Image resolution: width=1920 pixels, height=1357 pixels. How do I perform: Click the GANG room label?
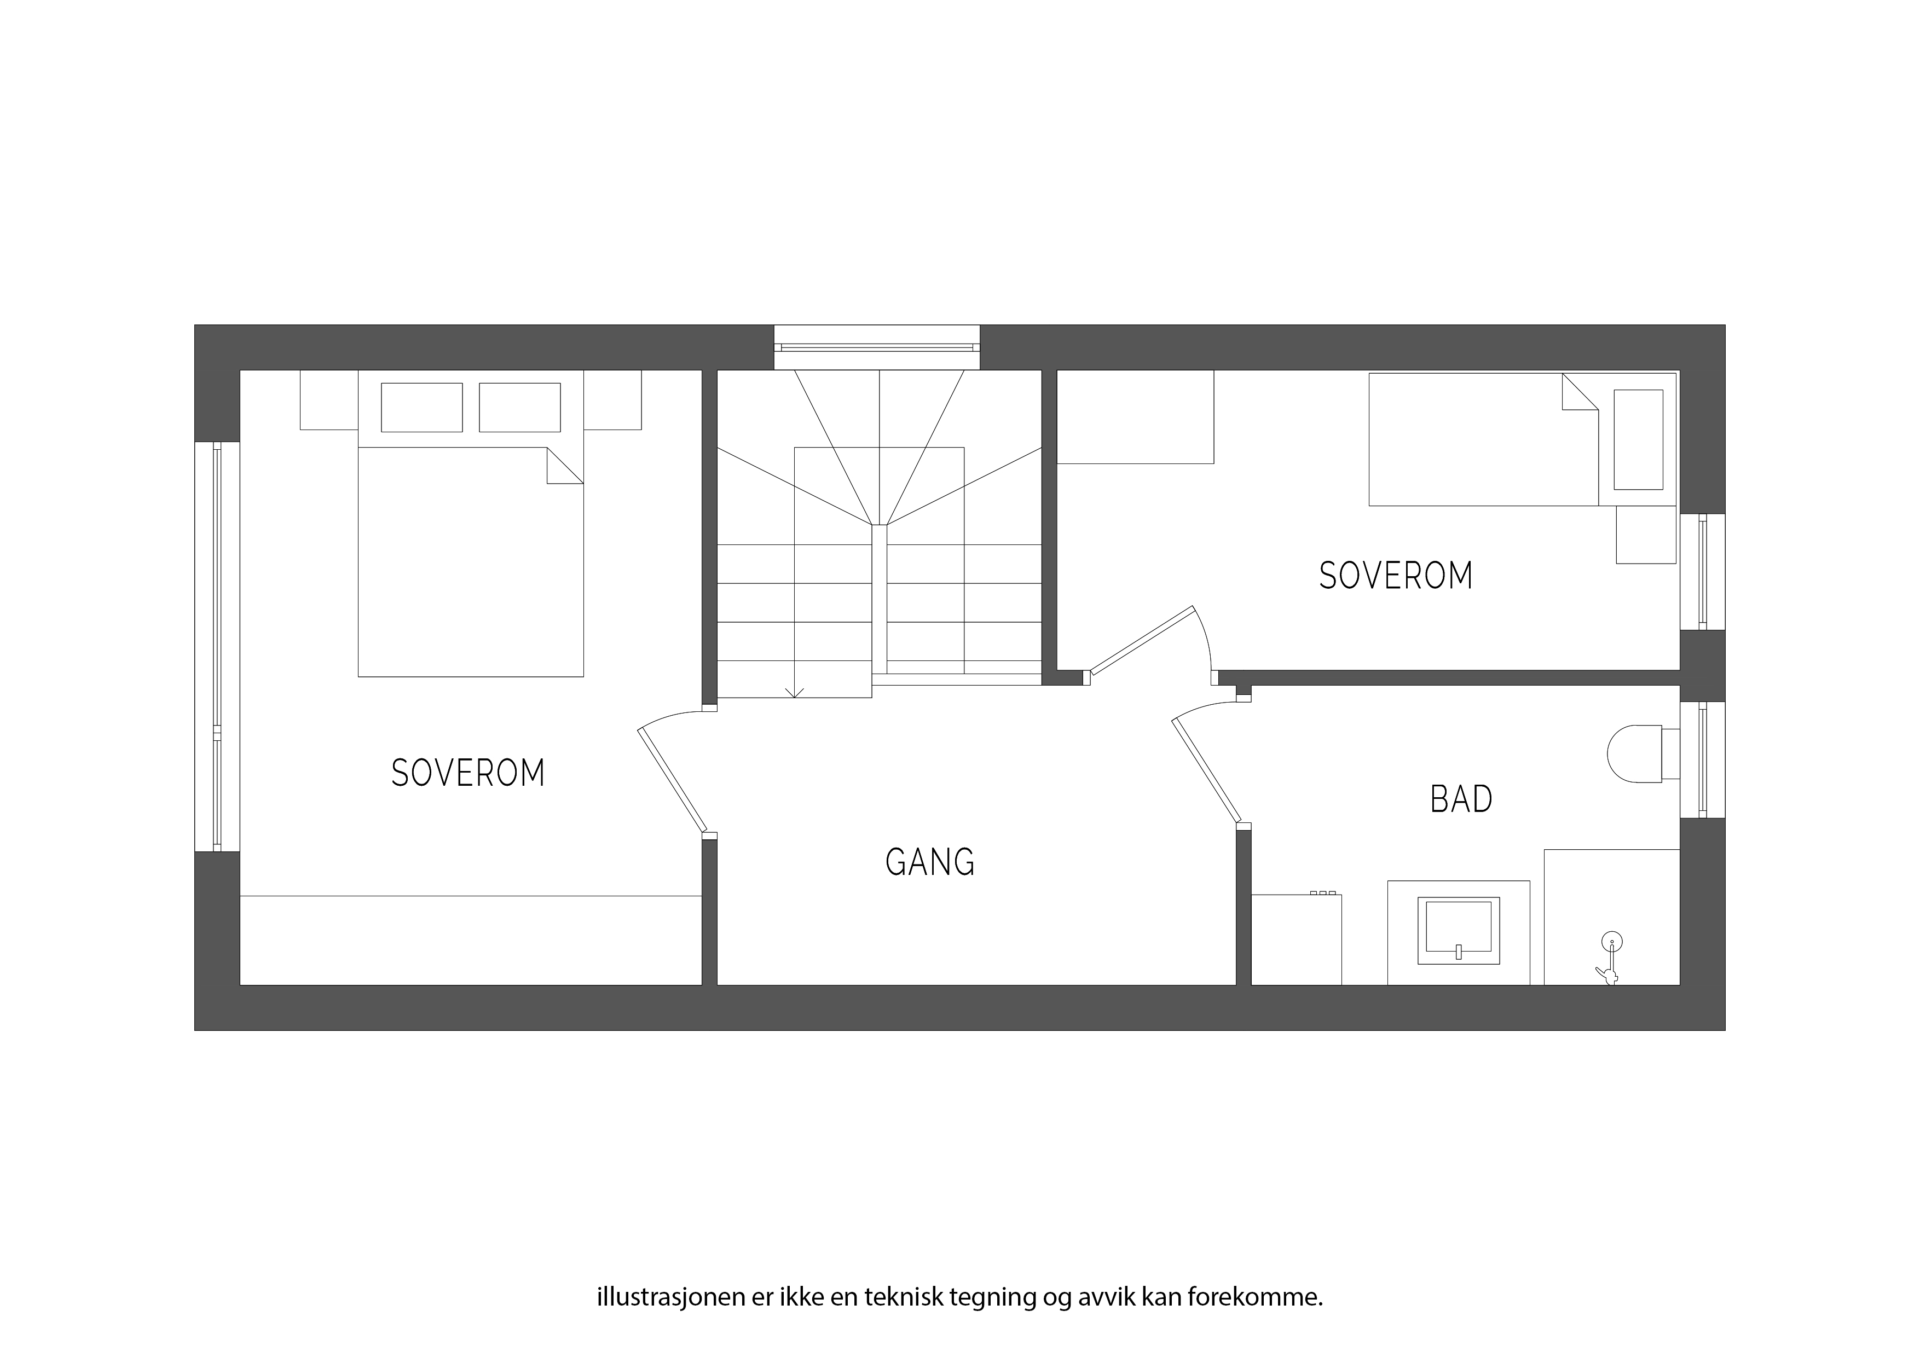click(930, 862)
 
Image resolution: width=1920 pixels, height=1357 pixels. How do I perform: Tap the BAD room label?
click(1461, 799)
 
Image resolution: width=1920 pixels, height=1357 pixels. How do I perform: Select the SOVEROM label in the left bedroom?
click(469, 773)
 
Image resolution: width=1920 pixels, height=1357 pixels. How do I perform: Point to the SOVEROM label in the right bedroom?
click(1396, 576)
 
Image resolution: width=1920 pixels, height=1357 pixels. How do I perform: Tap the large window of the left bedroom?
click(217, 646)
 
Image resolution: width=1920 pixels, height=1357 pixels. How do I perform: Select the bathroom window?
click(1703, 759)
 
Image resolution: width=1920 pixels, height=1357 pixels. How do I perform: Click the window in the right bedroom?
click(1703, 572)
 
